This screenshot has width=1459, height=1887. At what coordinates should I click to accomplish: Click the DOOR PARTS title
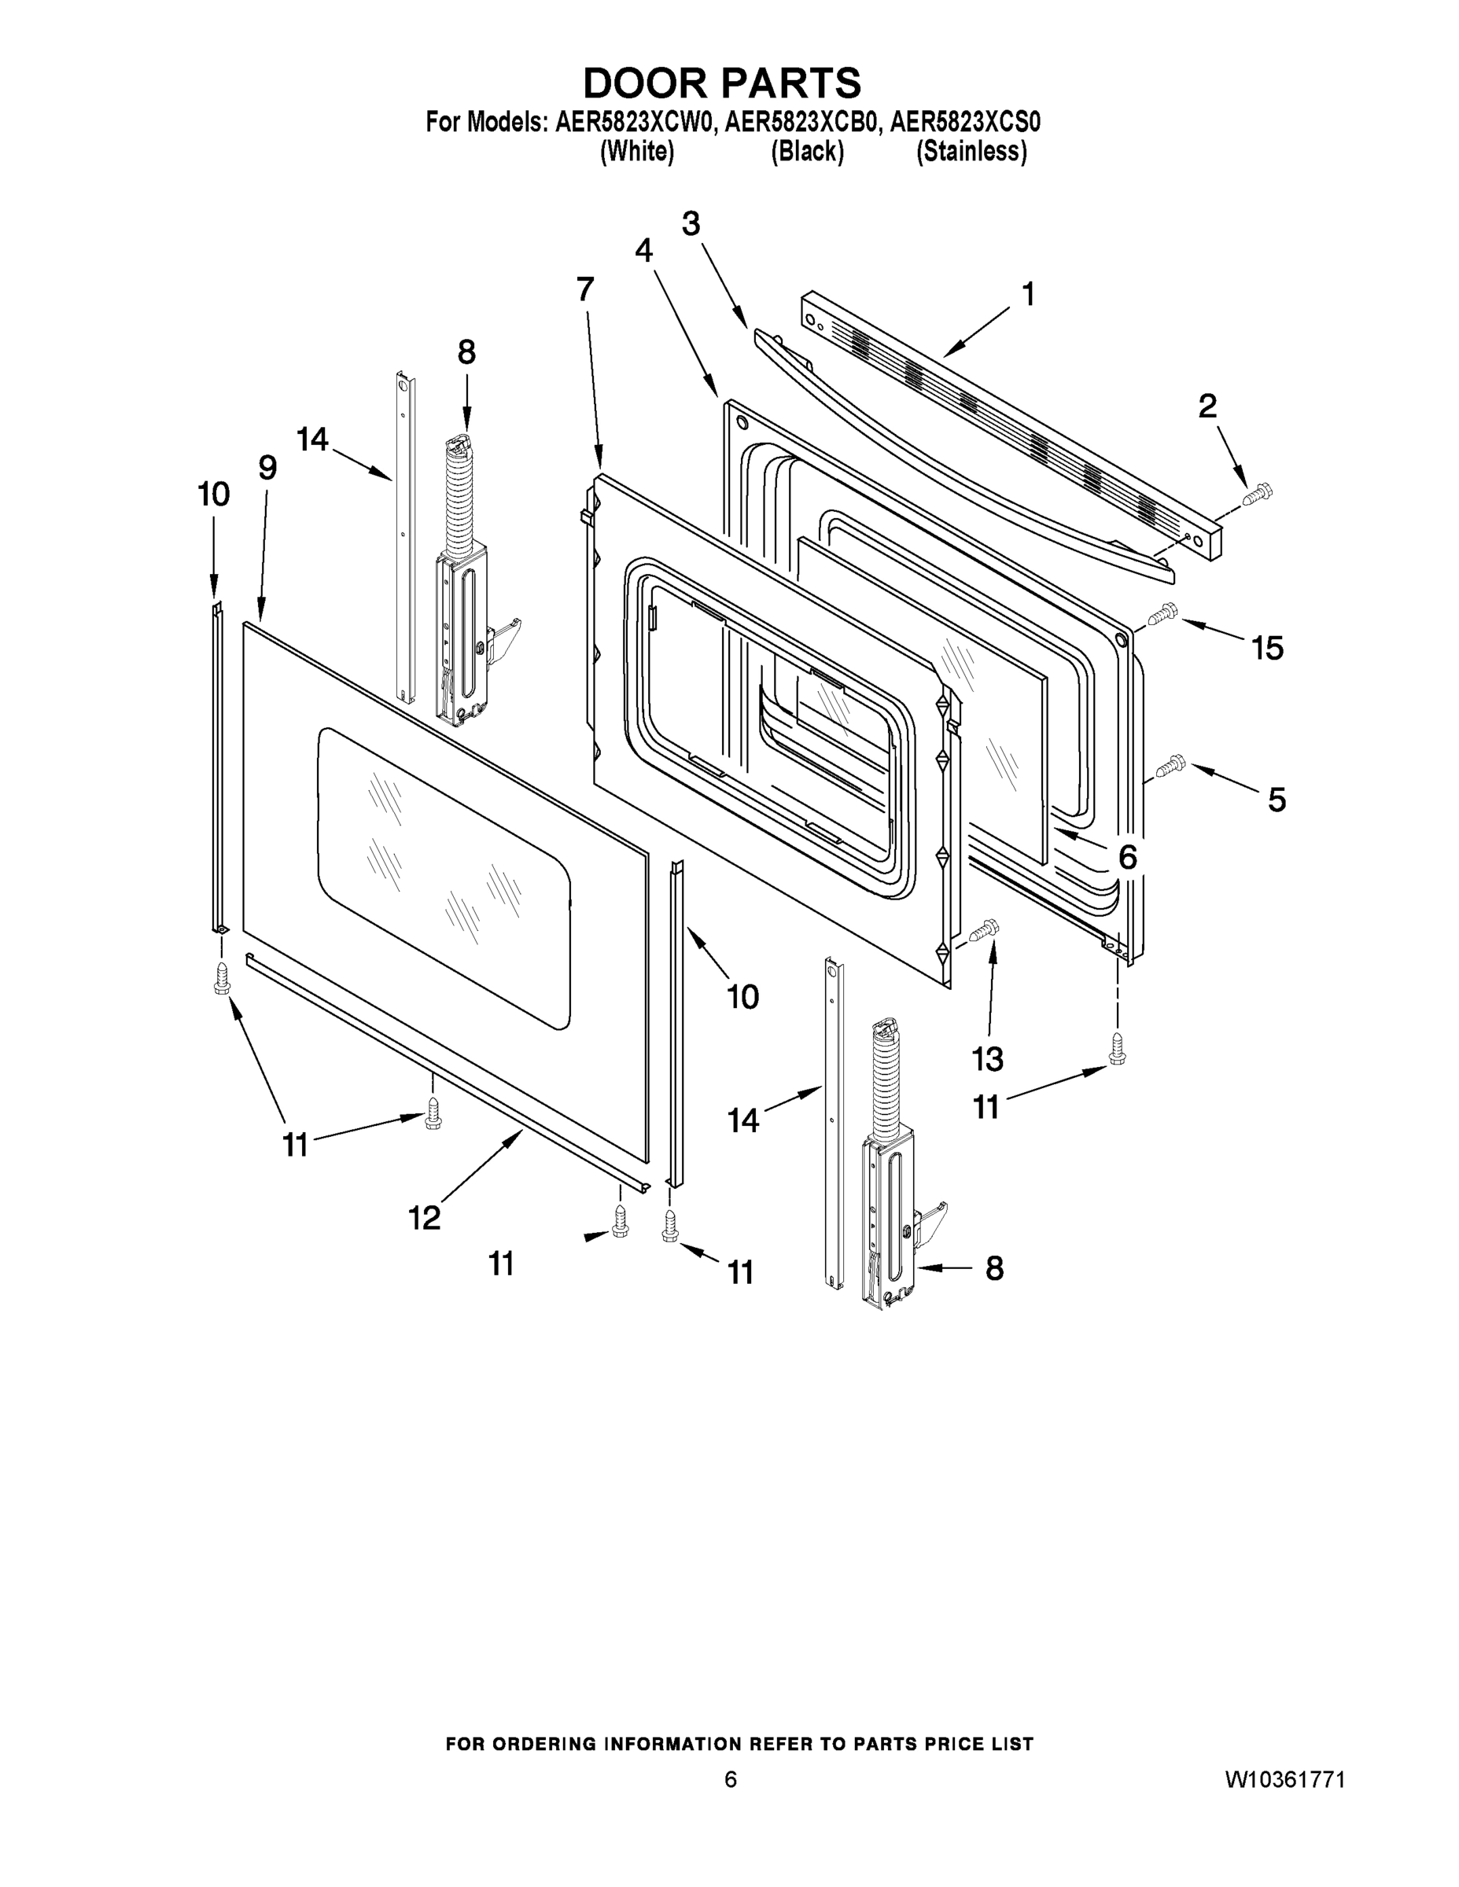722,83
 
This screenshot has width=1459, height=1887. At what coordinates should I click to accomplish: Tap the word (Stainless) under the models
971,152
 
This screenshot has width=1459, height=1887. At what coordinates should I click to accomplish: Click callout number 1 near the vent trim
1028,295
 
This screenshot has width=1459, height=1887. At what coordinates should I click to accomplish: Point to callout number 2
1207,405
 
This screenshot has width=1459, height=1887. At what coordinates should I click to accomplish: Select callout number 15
1267,648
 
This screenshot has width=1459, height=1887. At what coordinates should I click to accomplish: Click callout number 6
1127,858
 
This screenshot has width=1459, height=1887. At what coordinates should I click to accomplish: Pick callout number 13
987,1058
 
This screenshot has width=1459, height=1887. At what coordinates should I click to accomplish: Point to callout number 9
267,468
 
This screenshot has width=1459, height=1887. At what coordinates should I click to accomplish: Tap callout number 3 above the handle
691,224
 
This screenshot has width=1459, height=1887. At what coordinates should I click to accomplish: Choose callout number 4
643,251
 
